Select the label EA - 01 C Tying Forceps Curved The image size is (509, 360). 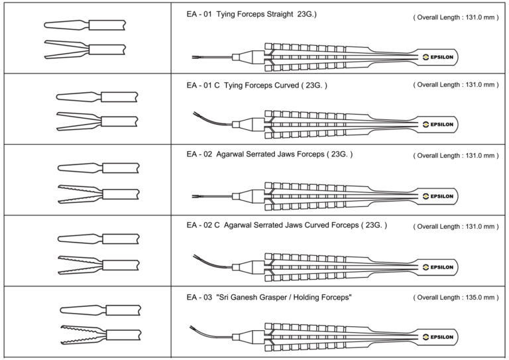click(x=256, y=85)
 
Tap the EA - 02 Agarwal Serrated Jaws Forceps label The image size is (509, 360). click(x=269, y=154)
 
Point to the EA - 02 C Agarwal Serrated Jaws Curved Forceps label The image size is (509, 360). click(x=286, y=225)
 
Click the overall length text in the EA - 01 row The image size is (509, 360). click(x=455, y=16)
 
